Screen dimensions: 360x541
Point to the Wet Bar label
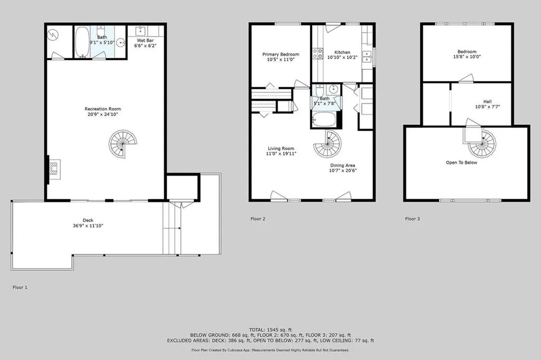click(145, 40)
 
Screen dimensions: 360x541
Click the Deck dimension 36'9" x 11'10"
click(88, 226)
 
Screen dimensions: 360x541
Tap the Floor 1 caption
click(20, 287)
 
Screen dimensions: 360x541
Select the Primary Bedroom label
click(281, 54)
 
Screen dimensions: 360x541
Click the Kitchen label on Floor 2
click(342, 52)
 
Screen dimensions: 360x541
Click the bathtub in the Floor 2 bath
click(323, 119)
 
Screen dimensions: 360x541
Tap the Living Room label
click(281, 149)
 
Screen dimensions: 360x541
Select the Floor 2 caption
click(258, 218)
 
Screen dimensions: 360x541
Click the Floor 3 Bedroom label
click(467, 51)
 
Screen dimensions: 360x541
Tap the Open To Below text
click(462, 162)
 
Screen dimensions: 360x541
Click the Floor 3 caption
click(413, 218)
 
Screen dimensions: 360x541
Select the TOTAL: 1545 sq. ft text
click(270, 329)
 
